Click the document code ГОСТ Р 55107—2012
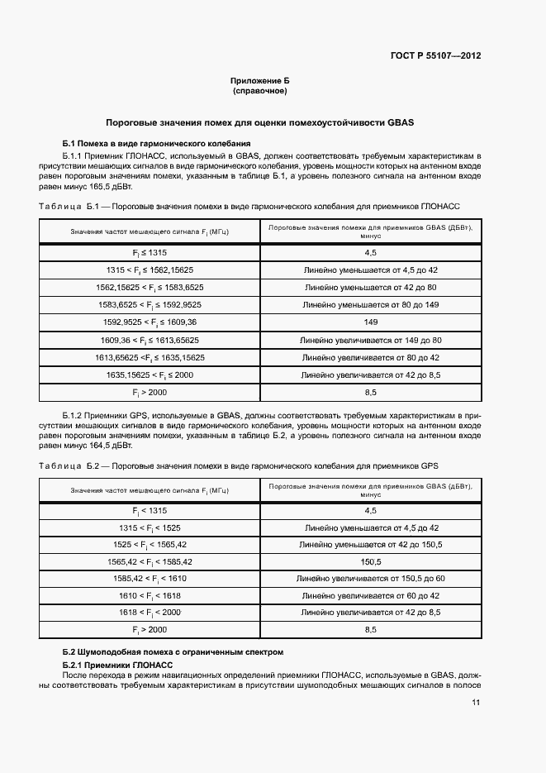[435, 56]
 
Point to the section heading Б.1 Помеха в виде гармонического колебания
[140, 143]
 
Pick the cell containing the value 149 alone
[370, 322]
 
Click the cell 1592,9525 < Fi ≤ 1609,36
[150, 322]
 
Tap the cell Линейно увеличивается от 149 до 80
[370, 340]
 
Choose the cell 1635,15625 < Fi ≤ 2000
[150, 375]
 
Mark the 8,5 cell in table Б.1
[370, 392]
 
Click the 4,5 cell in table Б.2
[370, 511]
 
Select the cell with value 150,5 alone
[370, 561]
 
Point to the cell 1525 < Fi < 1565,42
[150, 545]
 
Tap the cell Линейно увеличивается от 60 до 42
[370, 595]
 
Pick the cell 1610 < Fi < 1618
[150, 595]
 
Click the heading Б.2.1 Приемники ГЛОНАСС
[118, 665]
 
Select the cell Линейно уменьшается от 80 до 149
[370, 305]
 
